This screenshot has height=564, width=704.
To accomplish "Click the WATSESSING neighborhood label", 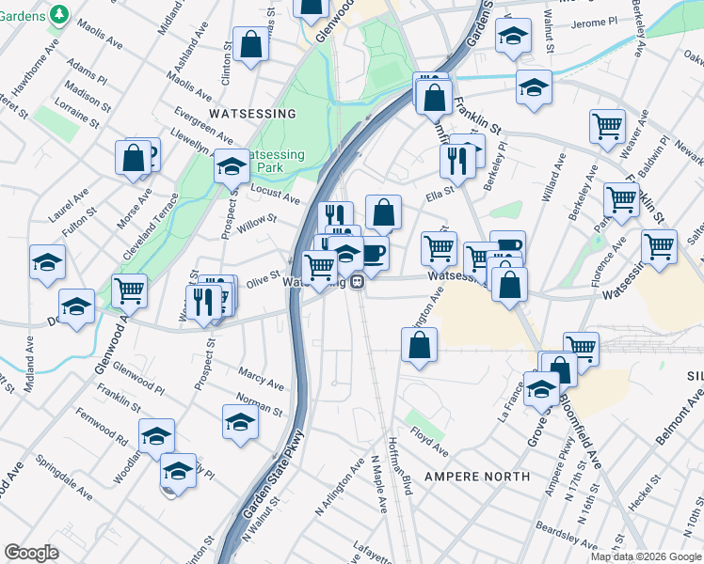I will (x=252, y=114).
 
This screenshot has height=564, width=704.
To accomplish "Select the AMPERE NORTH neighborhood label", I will (x=477, y=477).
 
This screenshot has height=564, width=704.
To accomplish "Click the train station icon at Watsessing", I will (x=358, y=281).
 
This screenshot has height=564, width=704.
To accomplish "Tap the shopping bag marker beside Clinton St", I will (x=250, y=44).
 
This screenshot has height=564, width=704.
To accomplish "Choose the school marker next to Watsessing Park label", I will (x=232, y=166).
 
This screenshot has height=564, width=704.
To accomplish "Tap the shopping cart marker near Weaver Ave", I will (x=608, y=126).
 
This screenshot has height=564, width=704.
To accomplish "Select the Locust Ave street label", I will (x=275, y=194).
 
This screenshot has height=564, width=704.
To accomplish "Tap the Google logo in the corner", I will (x=31, y=553).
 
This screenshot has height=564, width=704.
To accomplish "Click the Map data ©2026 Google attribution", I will (x=646, y=556).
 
